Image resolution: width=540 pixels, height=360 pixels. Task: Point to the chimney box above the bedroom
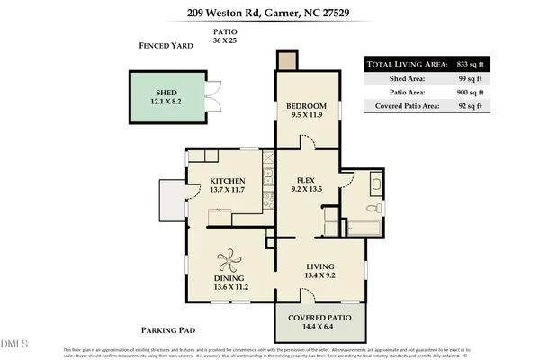pyautogui.click(x=287, y=61)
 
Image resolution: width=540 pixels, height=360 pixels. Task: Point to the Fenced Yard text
pyautogui.click(x=168, y=46)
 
